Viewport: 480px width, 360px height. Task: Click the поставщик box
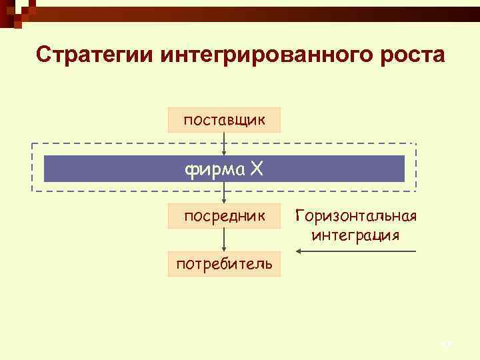[x=224, y=120]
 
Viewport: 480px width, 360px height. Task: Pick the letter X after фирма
[x=257, y=169]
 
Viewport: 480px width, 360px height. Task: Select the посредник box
[x=224, y=216]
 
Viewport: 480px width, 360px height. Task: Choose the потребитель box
[x=224, y=264]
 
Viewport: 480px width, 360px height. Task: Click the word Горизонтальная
[x=355, y=216]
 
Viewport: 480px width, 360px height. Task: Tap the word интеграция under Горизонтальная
[x=355, y=235]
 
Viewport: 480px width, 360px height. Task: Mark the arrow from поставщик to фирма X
[x=224, y=143]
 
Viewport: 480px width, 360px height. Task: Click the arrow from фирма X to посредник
[x=224, y=193]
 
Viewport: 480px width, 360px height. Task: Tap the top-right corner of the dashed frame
[x=416, y=143]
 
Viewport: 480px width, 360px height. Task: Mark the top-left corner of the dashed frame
[x=32, y=143]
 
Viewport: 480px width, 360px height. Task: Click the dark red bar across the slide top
[x=253, y=11]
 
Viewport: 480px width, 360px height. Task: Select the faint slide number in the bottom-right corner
[x=446, y=344]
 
